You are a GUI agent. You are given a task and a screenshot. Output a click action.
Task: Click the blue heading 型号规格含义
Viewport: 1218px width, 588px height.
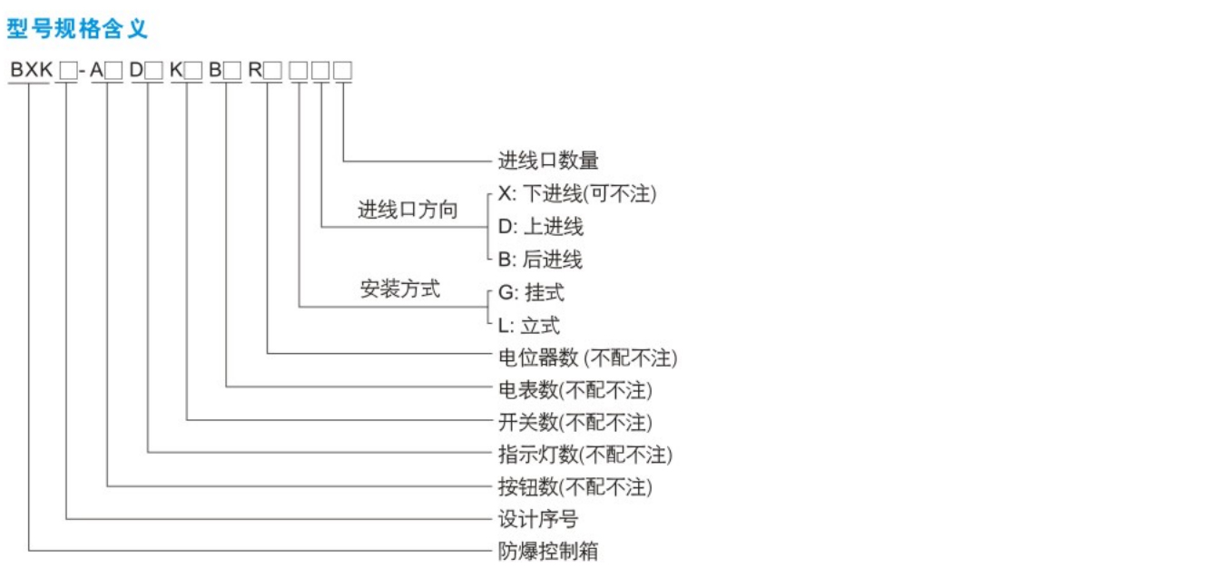(x=76, y=28)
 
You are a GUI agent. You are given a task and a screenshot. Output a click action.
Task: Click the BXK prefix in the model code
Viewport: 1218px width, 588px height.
(x=32, y=70)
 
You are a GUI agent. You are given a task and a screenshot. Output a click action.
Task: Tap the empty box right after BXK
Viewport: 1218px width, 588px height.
(x=68, y=71)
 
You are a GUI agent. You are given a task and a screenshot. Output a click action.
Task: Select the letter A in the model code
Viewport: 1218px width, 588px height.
(x=96, y=70)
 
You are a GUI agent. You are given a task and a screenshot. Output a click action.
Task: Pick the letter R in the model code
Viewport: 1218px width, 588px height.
(x=255, y=70)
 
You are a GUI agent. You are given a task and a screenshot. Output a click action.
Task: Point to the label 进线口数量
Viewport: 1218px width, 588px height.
(x=548, y=161)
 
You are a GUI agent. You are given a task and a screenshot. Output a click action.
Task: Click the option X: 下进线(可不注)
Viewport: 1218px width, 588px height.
(x=577, y=193)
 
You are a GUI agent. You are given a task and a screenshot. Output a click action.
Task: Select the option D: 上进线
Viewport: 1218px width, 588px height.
(x=541, y=226)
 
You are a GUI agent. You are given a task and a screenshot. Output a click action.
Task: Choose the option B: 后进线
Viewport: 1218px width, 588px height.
(x=540, y=260)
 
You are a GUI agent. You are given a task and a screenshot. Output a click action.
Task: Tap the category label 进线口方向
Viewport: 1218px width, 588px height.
(x=408, y=210)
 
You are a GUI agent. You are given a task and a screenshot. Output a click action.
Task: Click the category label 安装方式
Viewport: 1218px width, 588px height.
(x=399, y=289)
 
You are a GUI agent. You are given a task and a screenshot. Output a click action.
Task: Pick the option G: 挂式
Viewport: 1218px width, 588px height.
(x=531, y=292)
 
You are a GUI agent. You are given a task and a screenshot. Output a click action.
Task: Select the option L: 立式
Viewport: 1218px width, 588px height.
(x=528, y=326)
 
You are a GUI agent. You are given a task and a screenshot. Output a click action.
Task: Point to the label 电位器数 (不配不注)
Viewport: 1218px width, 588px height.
(x=587, y=358)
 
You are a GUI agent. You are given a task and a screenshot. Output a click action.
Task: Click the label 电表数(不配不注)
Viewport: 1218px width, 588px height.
(x=575, y=390)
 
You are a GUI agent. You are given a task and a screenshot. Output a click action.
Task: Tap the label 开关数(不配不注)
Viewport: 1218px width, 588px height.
(x=575, y=422)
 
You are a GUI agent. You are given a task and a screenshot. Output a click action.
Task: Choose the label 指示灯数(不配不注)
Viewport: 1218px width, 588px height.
(x=585, y=455)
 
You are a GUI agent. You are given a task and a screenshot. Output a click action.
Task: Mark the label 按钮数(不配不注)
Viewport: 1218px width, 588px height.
(x=575, y=487)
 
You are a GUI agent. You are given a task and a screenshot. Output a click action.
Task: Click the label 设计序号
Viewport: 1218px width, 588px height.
(x=538, y=519)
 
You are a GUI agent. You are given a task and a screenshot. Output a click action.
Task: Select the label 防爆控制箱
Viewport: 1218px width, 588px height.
(x=548, y=551)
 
